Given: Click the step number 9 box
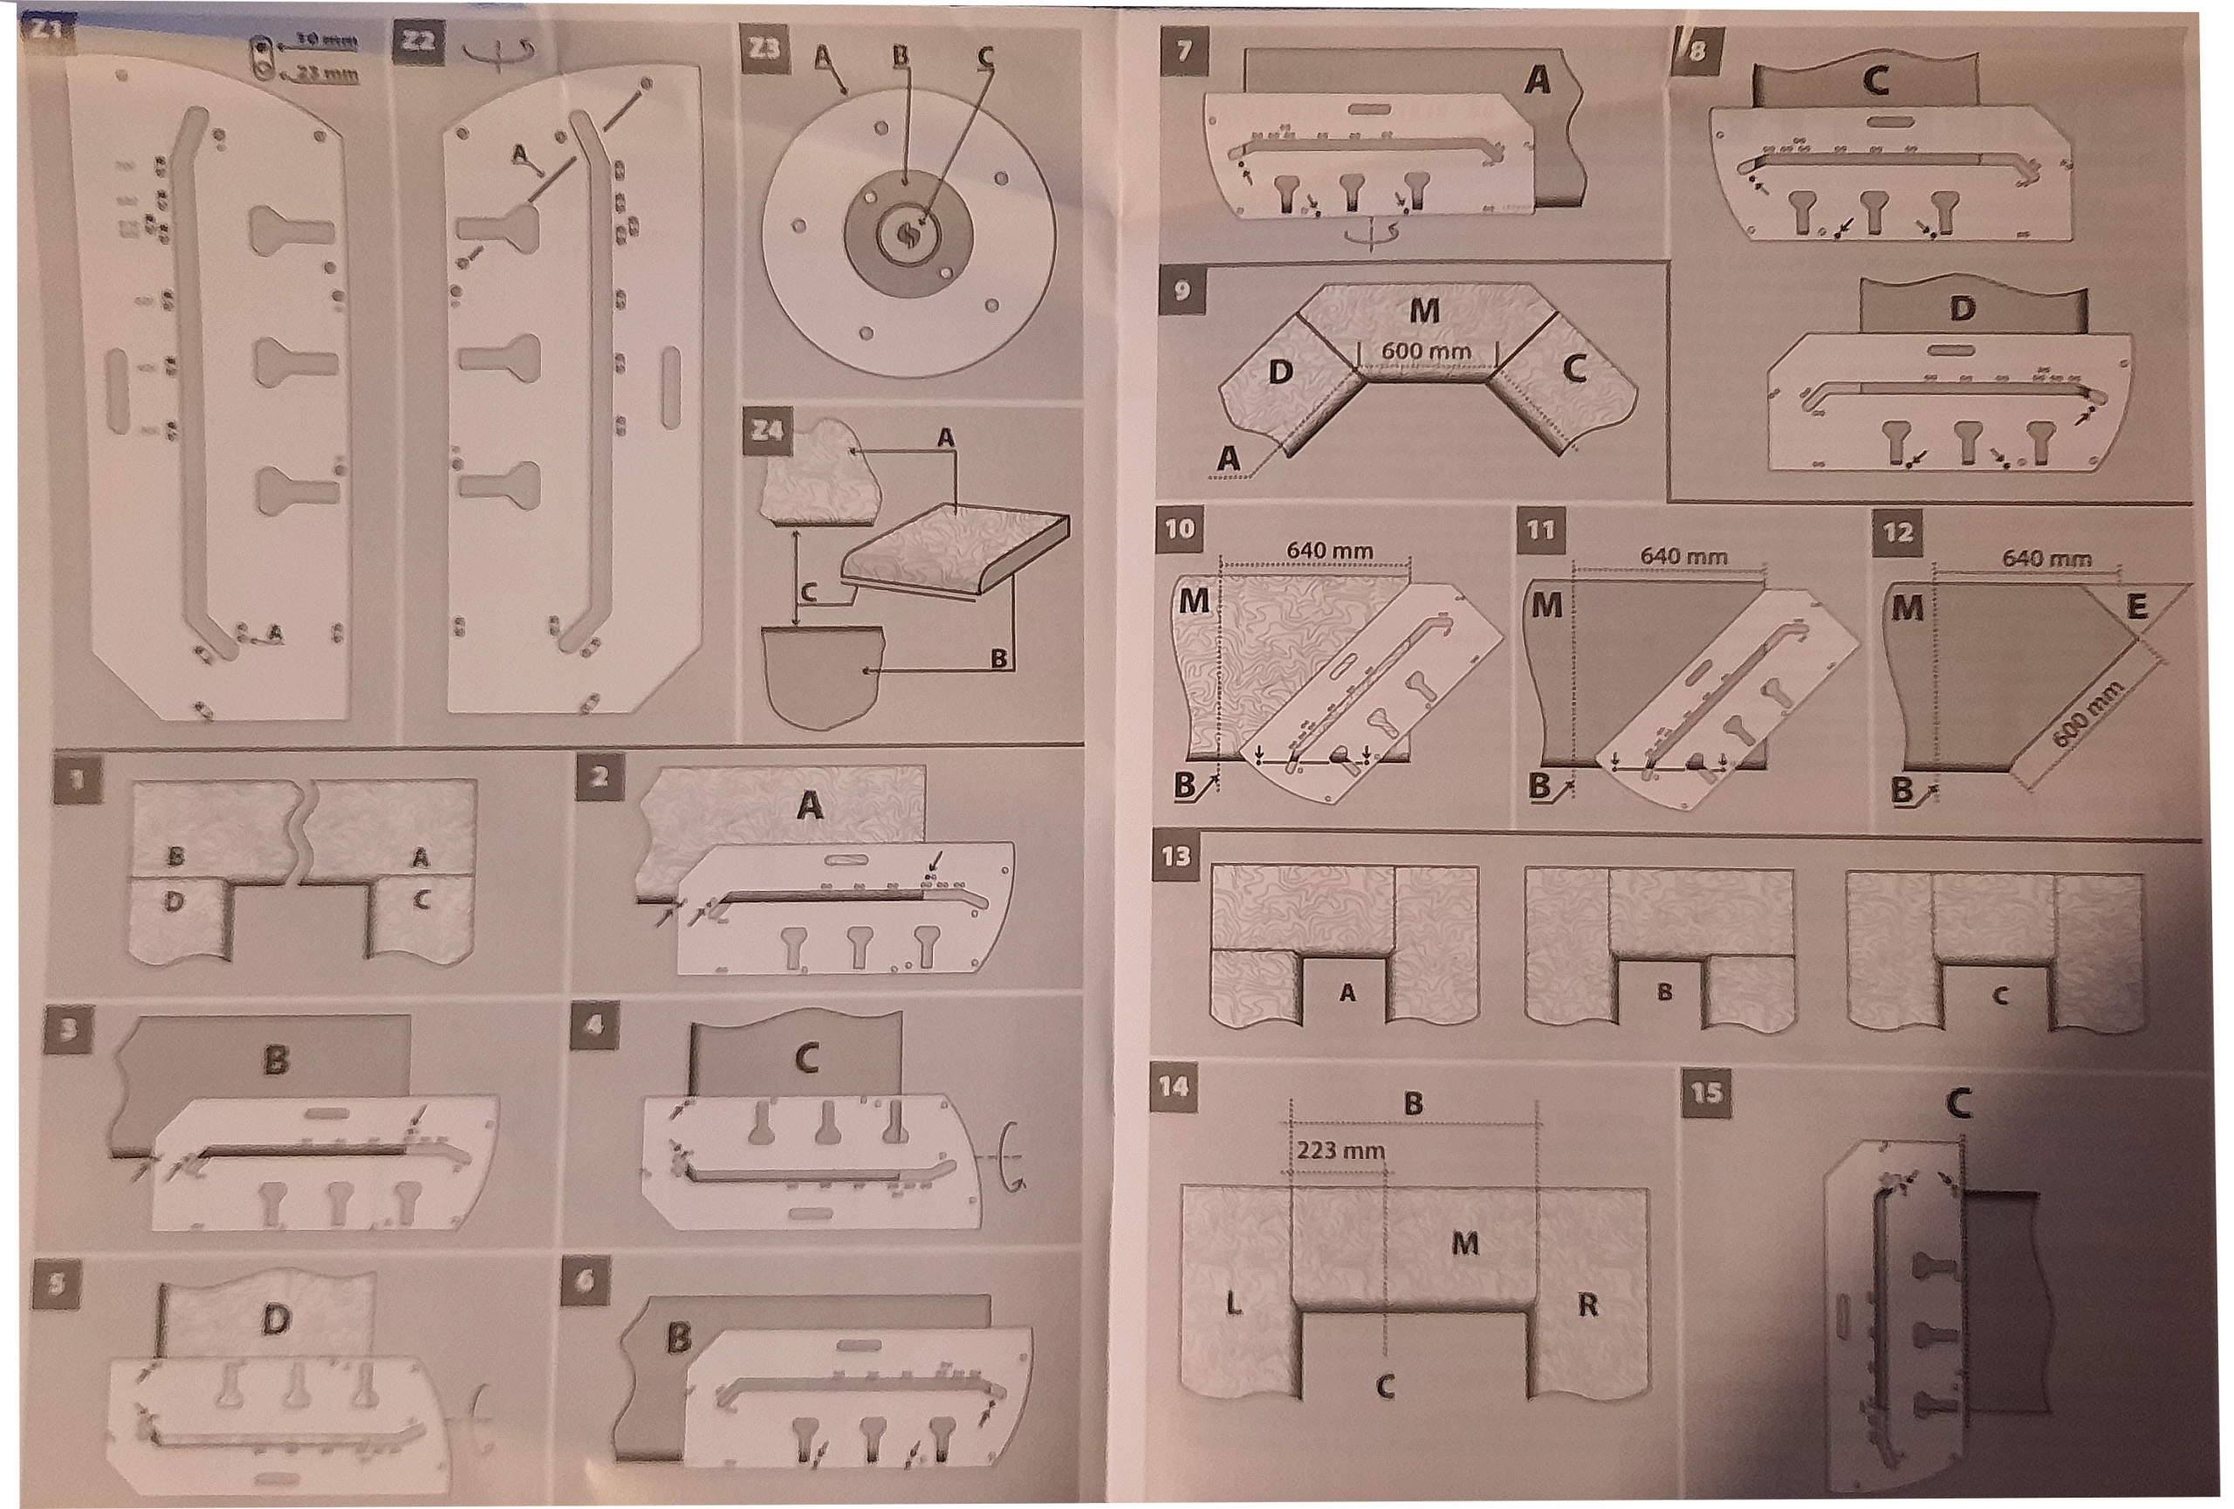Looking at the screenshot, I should pos(1182,289).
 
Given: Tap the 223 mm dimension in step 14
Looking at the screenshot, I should pos(1340,1149).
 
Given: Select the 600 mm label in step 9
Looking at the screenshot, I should pos(1426,352).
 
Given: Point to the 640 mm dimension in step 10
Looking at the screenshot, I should pos(1329,551).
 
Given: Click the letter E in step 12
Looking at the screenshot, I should pos(2136,607).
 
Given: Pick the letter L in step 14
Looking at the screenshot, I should pos(1233,1303).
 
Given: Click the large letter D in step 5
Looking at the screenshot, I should pos(276,1320).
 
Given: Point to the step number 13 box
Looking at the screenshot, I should pos(1176,855).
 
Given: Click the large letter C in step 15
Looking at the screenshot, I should pos(1958,1102).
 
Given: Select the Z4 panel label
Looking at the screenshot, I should pos(767,430).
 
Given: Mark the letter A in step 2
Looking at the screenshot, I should pos(810,805).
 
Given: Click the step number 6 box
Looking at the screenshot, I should pos(585,1280).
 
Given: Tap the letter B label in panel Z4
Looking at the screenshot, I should pos(999,658).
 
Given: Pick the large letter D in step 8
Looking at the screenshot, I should pos(1963,309).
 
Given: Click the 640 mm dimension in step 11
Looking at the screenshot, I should pos(1683,557).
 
